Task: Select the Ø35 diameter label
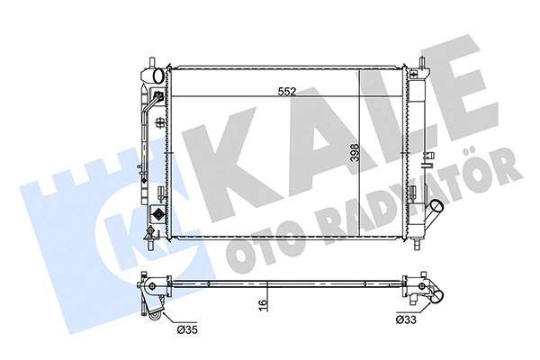(x=187, y=331)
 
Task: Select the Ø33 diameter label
(x=407, y=319)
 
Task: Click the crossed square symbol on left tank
(x=158, y=215)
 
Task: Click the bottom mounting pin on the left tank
(x=147, y=240)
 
